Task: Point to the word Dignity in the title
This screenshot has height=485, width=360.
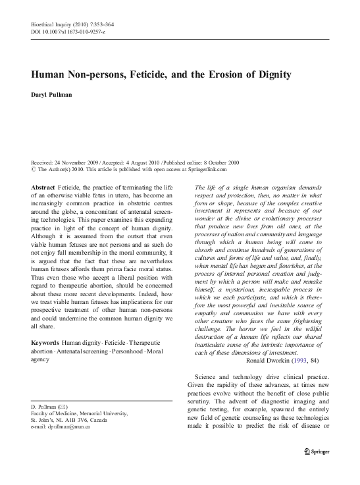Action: pyautogui.click(x=272, y=73)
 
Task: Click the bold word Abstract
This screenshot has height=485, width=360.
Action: pyautogui.click(x=43, y=188)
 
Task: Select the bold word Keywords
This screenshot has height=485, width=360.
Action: pyautogui.click(x=44, y=344)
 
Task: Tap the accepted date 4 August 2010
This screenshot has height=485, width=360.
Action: pyautogui.click(x=141, y=162)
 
